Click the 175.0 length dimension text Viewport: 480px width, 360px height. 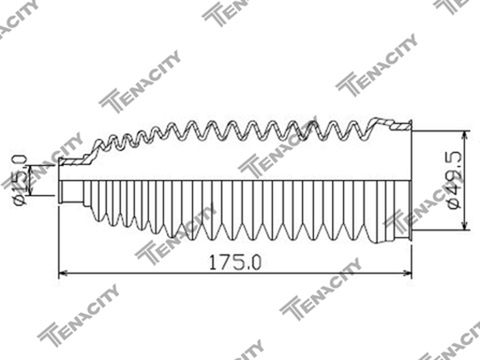click(x=234, y=262)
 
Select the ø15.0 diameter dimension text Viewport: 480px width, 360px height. click(x=20, y=180)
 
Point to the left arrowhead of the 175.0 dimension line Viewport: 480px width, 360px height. click(x=63, y=273)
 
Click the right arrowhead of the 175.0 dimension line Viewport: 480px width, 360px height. click(x=407, y=273)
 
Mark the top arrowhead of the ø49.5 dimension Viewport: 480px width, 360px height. click(x=465, y=136)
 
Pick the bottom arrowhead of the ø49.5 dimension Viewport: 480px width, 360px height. click(x=465, y=226)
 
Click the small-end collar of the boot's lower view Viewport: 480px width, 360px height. click(x=70, y=192)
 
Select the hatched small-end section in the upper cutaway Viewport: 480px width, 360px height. click(x=75, y=160)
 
